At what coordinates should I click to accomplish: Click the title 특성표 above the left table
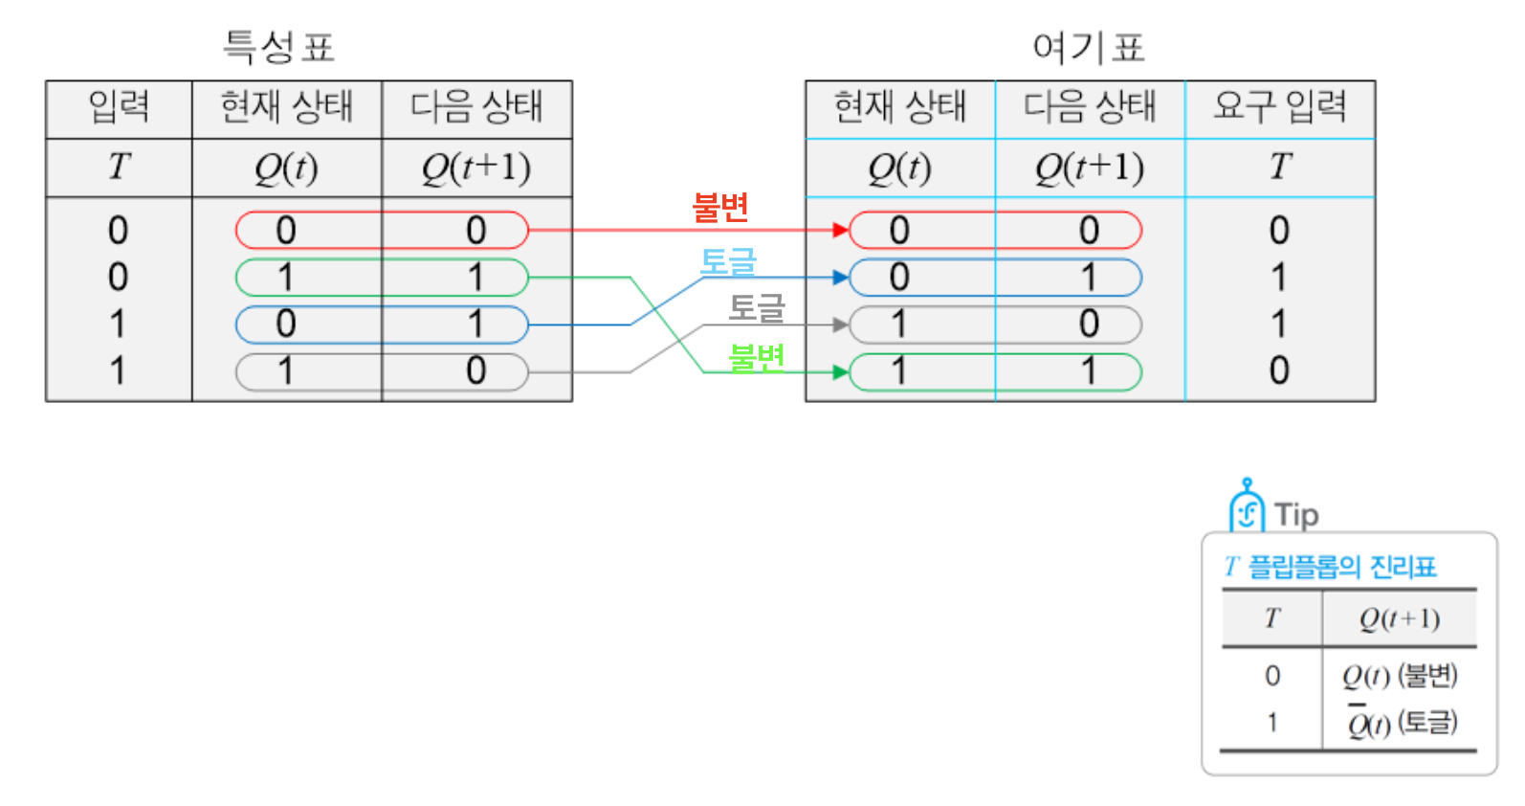(278, 46)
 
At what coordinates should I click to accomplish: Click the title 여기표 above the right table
(1089, 46)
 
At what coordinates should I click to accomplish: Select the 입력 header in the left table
(119, 106)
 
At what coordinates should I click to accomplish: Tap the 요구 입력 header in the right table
(1279, 106)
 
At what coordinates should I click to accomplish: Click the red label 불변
(720, 207)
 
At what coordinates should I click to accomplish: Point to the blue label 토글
(728, 261)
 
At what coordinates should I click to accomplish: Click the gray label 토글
(756, 308)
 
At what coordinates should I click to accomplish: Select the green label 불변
(756, 357)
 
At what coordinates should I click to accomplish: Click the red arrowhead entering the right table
(841, 230)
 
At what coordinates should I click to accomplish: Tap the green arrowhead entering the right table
(841, 371)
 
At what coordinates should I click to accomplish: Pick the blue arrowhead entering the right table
(841, 278)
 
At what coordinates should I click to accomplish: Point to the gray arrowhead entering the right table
(841, 325)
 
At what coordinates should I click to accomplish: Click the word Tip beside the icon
(1296, 515)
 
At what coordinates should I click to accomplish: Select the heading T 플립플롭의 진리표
(1331, 567)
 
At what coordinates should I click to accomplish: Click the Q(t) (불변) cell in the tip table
(1400, 676)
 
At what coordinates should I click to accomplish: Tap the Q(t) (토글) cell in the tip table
(1402, 723)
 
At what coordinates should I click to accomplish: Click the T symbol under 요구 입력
(1280, 167)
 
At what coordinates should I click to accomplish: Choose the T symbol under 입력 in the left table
(119, 167)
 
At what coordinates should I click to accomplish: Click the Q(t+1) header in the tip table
(1400, 619)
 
